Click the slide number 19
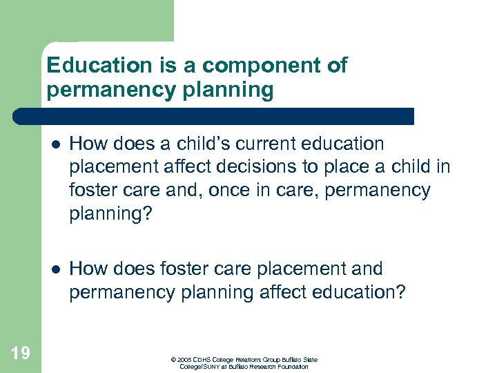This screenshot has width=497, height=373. (21, 353)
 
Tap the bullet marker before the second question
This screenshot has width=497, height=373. (55, 269)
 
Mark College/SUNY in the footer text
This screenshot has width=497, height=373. (198, 367)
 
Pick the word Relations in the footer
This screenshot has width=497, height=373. (251, 360)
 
